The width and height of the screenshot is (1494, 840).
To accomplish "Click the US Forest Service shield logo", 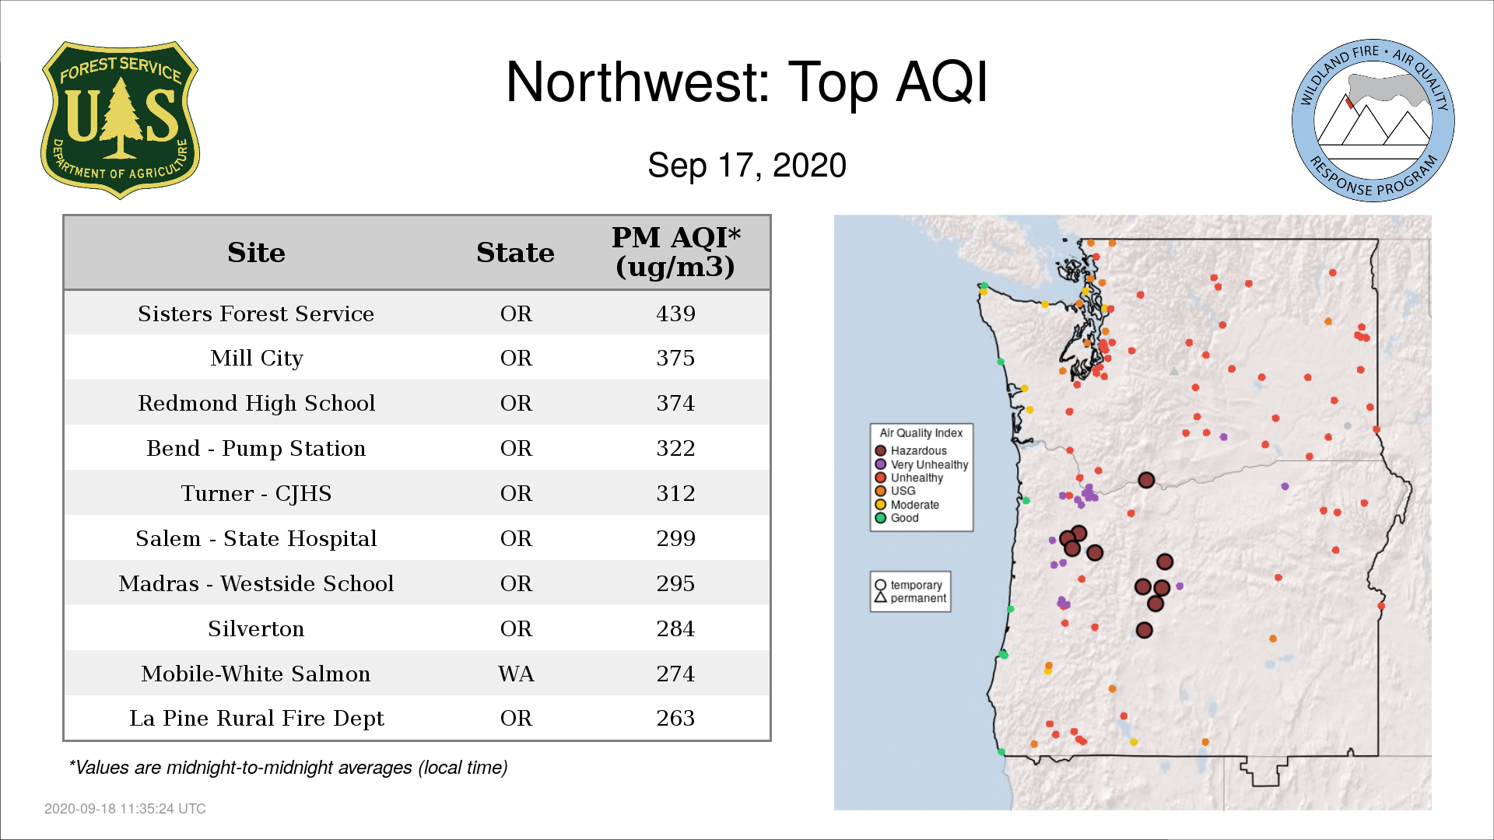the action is click(120, 121).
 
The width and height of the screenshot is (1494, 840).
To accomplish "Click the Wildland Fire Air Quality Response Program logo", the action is click(1373, 121).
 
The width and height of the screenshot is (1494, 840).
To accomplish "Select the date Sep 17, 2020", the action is click(747, 166).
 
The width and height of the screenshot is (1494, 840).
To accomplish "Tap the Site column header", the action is click(256, 253).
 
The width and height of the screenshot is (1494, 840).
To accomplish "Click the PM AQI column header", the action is click(675, 252).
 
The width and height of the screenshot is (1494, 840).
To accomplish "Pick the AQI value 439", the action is click(675, 313).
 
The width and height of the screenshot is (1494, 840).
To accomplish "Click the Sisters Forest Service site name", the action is click(256, 313).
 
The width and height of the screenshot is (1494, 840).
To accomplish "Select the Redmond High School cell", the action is click(256, 403).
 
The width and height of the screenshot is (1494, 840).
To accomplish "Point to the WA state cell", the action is click(516, 674).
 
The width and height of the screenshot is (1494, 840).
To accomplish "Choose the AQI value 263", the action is click(675, 718).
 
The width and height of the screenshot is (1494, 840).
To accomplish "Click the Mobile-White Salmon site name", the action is click(256, 674).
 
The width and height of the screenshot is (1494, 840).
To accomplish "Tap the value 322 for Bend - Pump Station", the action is click(675, 448).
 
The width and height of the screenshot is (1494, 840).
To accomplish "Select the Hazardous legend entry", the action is click(910, 451).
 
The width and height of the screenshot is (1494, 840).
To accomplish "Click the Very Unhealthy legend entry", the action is click(921, 464).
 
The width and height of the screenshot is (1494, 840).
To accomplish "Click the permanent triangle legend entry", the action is click(910, 598).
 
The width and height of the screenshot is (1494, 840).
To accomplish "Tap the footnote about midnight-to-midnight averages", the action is click(288, 768).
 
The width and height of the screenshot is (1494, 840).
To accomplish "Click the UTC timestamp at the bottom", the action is click(125, 809).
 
